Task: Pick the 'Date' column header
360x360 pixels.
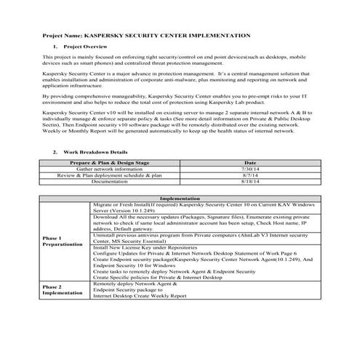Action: [250, 163]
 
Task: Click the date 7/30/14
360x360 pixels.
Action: [250, 169]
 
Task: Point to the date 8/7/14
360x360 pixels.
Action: [250, 175]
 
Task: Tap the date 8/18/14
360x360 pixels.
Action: [250, 182]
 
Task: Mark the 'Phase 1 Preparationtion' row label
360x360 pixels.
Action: [63, 241]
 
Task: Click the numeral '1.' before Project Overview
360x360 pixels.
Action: [57, 45]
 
